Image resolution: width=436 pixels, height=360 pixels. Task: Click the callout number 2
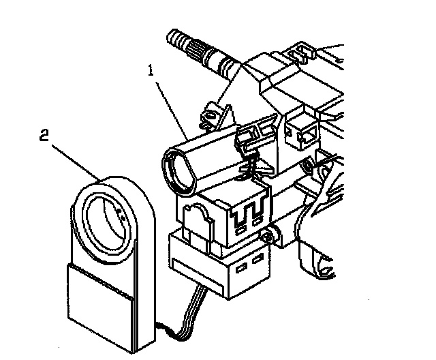(x=43, y=135)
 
